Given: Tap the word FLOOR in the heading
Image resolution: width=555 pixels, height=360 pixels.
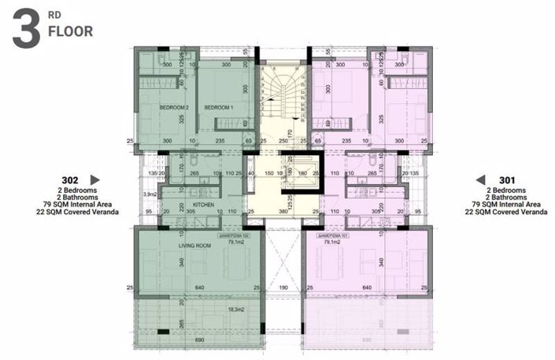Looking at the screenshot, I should (x=71, y=32).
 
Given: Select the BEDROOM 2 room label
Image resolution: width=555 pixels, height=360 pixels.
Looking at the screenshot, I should (x=175, y=107).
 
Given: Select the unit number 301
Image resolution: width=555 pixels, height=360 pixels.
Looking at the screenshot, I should (x=507, y=180).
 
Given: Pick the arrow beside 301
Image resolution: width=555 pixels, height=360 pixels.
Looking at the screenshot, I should (x=479, y=180).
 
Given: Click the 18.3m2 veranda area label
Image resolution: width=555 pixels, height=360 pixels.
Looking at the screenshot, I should (x=234, y=311).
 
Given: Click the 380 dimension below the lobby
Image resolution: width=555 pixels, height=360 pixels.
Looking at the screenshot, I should (x=283, y=212).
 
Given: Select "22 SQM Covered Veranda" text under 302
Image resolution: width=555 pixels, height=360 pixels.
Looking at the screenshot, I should (x=77, y=212).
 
